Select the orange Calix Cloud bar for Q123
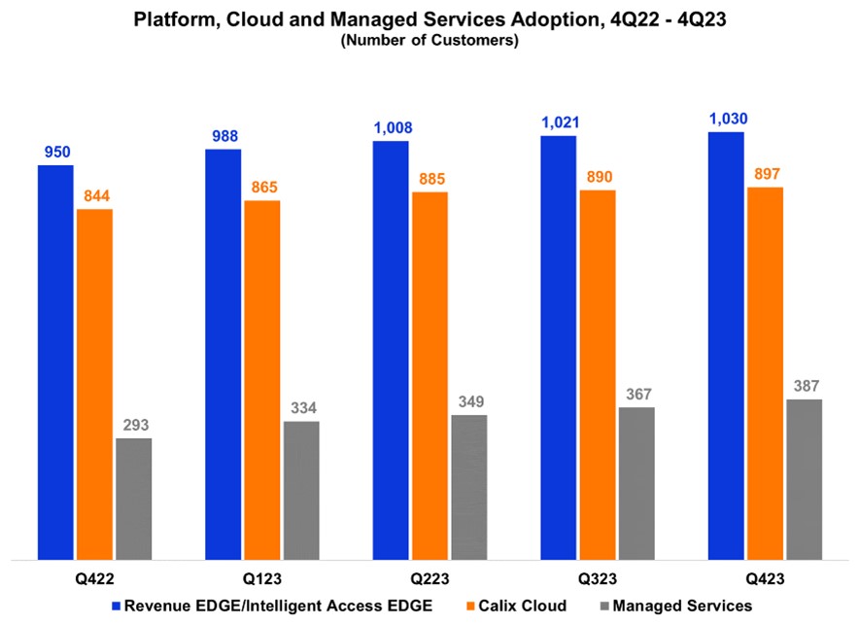pyautogui.click(x=261, y=380)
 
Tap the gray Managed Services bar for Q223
pyautogui.click(x=469, y=487)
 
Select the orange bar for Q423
pyautogui.click(x=765, y=373)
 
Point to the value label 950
pyautogui.click(x=55, y=153)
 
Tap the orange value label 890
pyautogui.click(x=598, y=177)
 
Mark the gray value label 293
pyautogui.click(x=134, y=426)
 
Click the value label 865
pyautogui.click(x=262, y=188)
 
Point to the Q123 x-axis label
pyautogui.click(x=261, y=578)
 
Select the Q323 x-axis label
pyautogui.click(x=597, y=578)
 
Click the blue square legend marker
pyautogui.click(x=116, y=607)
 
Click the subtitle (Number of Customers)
pyautogui.click(x=430, y=41)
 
